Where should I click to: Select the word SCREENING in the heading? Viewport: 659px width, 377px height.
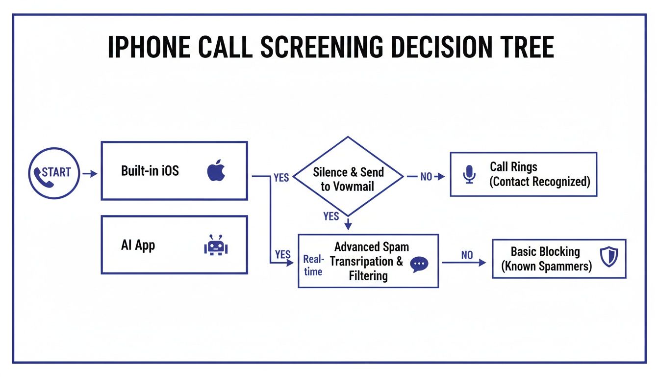321,48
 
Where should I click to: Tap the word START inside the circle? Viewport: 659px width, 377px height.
56,172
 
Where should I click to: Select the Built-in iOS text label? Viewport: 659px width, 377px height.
150,171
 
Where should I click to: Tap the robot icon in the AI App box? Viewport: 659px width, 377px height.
216,245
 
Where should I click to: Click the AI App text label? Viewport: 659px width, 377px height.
138,245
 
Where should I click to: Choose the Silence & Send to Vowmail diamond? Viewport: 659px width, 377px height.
348,176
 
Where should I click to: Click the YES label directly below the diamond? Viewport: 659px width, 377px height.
331,216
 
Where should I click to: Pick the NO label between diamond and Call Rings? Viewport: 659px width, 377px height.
427,177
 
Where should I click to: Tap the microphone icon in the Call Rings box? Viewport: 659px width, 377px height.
469,174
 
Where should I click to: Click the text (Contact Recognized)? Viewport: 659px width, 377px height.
539,182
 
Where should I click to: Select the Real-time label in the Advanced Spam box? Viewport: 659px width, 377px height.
313,265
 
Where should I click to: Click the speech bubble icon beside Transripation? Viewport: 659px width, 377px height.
419,264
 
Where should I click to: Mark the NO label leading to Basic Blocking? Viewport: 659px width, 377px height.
467,255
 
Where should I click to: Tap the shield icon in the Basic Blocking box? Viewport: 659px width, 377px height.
609,257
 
